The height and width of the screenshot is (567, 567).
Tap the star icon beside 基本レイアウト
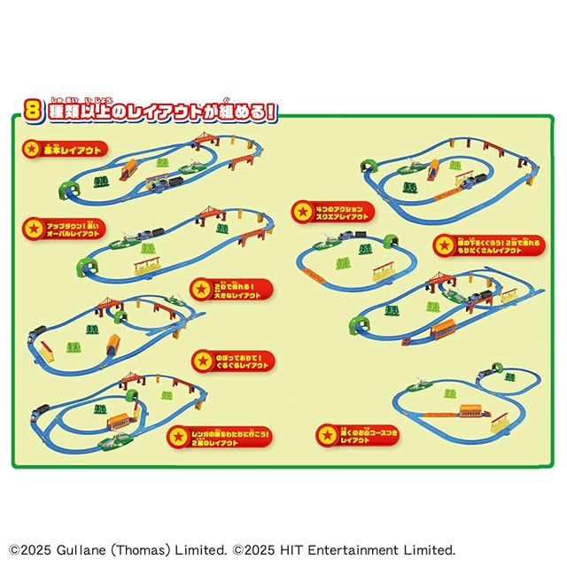pyautogui.click(x=33, y=148)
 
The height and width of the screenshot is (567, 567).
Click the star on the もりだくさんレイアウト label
pyautogui.click(x=445, y=245)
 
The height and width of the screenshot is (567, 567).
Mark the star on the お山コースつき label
pyautogui.click(x=329, y=434)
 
